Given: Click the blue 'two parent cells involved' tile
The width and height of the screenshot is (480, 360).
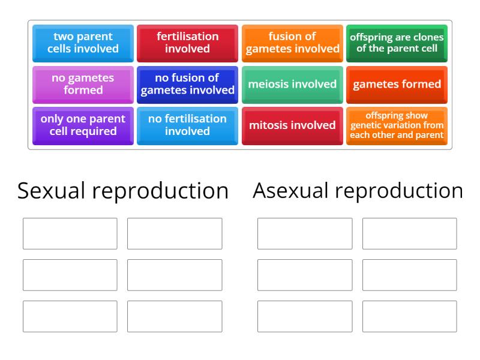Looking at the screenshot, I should [83, 43].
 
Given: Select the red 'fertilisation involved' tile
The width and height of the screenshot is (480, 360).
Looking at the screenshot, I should [187, 43].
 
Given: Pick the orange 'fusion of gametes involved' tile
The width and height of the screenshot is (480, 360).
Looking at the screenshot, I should [292, 43].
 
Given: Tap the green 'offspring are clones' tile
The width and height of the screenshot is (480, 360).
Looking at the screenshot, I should [397, 43].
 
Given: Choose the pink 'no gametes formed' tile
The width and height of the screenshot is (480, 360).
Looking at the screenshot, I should [83, 84].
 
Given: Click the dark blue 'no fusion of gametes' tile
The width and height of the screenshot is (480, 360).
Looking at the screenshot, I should [187, 84].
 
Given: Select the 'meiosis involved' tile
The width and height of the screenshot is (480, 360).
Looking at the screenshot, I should [292, 84].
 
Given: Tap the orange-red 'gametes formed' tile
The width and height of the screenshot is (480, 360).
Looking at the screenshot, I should [397, 84].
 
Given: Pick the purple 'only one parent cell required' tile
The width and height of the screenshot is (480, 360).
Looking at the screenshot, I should [83, 125].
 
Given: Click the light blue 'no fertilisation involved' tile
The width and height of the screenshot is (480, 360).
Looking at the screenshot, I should [187, 125].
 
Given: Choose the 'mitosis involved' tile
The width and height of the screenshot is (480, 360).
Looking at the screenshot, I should [292, 125].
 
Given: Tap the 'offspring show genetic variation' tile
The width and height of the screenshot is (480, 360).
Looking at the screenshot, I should [397, 125].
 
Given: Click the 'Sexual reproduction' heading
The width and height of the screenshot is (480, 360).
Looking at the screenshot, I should [123, 191].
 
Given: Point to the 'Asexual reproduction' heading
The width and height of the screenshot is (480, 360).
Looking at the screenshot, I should [358, 191].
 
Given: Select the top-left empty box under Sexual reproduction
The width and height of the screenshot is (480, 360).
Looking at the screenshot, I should [70, 233].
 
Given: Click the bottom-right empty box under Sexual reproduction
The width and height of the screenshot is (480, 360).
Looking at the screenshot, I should [175, 316].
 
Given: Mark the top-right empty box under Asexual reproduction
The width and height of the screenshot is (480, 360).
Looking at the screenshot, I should [409, 233].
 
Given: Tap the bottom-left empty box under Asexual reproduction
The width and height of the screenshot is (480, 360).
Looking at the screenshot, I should [305, 316].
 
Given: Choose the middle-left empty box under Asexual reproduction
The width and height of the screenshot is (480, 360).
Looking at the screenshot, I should [305, 275].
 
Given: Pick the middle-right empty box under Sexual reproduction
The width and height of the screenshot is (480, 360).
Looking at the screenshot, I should [175, 275].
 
